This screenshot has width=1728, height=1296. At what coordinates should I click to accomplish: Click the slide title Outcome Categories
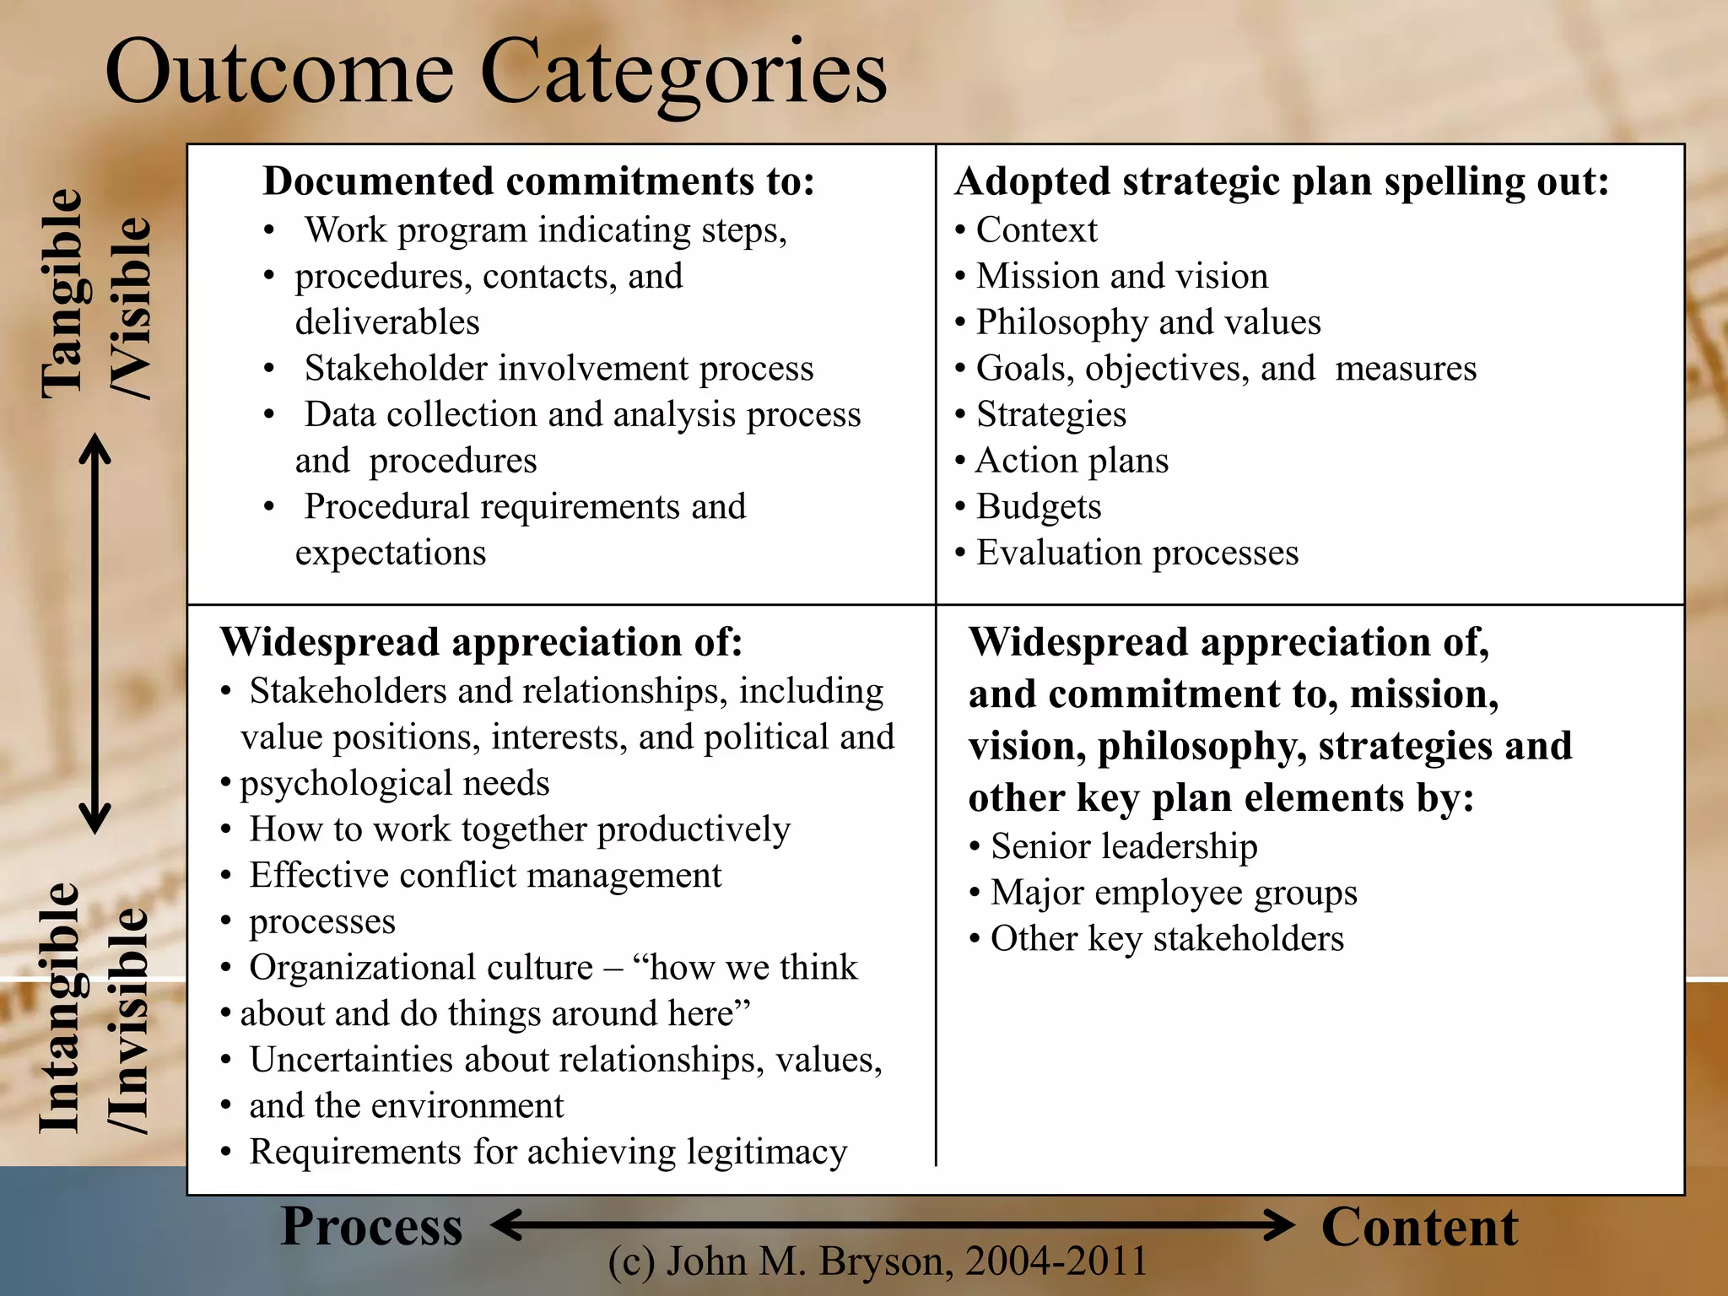[x=496, y=74]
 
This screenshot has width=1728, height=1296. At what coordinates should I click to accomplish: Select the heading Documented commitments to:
[x=538, y=181]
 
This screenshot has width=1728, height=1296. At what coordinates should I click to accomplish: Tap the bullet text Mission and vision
[x=1121, y=277]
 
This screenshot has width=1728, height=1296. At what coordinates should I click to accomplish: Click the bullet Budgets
[x=1038, y=507]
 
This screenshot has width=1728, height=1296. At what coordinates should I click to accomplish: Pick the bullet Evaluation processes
[x=1137, y=553]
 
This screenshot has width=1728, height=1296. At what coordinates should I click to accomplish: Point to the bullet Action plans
[x=1072, y=461]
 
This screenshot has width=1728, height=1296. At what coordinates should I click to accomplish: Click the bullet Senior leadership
[x=1123, y=846]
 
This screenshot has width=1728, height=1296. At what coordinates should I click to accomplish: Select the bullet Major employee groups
[x=1173, y=893]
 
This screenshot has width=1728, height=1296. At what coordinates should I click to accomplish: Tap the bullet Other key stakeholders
[x=1166, y=939]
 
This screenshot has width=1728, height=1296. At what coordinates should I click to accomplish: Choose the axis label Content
[x=1419, y=1228]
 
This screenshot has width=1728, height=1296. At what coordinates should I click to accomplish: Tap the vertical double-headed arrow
[x=94, y=633]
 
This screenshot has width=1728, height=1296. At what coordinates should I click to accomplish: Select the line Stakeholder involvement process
[x=559, y=369]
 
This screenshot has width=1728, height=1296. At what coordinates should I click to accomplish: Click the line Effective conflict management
[x=485, y=876]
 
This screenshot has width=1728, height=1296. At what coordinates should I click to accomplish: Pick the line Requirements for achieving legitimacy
[x=548, y=1153]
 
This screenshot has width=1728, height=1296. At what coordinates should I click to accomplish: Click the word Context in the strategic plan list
[x=1036, y=230]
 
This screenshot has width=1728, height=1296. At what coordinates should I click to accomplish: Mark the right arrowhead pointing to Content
[x=1278, y=1224]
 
